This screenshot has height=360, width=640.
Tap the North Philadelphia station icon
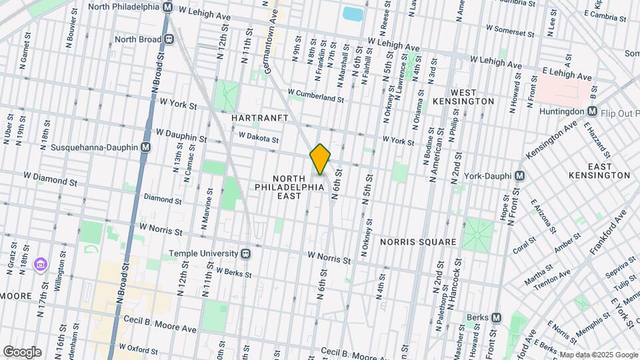(167, 7)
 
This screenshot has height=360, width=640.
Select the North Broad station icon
(169, 39)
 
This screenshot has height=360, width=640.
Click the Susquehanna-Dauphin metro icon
(145, 147)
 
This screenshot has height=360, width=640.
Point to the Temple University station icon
(246, 253)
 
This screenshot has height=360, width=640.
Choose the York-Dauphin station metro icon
(521, 176)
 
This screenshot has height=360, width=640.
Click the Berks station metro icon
(495, 318)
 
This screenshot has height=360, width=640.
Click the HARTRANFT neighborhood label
(259, 117)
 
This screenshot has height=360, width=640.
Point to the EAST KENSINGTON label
(599, 171)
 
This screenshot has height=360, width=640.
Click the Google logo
(21, 352)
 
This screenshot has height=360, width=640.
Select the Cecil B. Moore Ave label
(153, 329)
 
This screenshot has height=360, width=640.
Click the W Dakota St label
(258, 138)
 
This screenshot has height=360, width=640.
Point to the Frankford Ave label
(608, 234)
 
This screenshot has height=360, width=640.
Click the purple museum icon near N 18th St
(42, 265)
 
